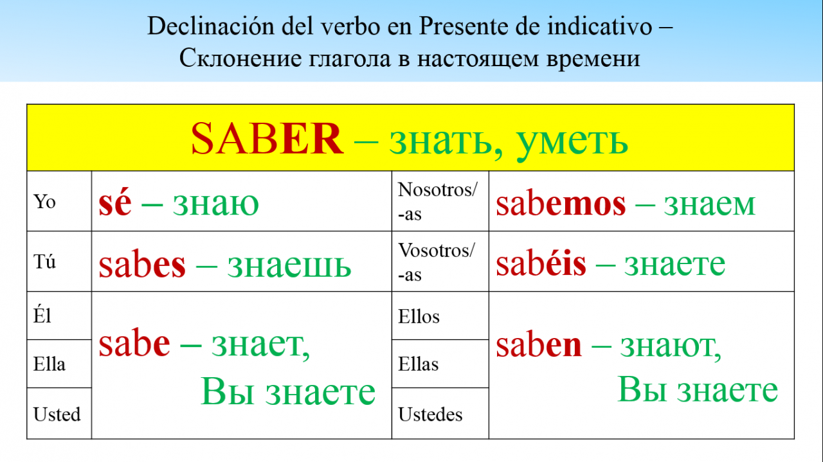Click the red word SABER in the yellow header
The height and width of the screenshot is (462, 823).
267,138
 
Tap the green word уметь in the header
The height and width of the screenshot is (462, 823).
572,143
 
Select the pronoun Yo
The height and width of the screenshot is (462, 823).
44,202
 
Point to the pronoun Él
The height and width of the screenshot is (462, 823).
42,315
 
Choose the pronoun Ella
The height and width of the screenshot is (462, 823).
50,364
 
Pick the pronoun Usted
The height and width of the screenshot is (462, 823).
57,414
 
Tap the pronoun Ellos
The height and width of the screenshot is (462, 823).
419,316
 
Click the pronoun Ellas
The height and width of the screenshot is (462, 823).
419,364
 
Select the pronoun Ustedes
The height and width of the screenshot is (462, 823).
430,414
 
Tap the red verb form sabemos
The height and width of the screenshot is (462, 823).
561,203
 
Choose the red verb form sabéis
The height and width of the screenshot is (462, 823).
541,263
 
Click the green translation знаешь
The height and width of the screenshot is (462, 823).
289,265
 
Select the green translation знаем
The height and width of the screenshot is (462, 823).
709,204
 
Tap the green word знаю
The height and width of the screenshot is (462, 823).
216,204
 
